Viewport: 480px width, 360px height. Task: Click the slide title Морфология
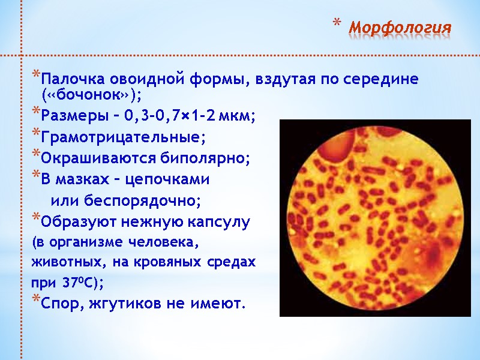[400, 28]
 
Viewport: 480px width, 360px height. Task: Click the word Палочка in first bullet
[68, 79]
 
